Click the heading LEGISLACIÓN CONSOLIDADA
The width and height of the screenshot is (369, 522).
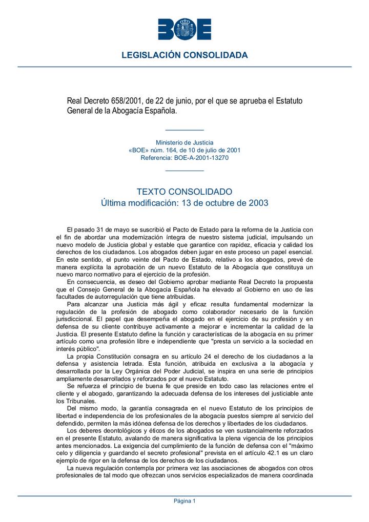(x=184, y=55)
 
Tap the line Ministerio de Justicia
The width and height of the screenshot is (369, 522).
(x=184, y=142)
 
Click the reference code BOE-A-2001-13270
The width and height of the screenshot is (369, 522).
(x=201, y=158)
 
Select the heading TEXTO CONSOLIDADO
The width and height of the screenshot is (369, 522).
(x=184, y=192)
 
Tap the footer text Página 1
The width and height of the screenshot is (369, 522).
(x=184, y=501)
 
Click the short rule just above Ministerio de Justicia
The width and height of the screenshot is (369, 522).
(x=184, y=131)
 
